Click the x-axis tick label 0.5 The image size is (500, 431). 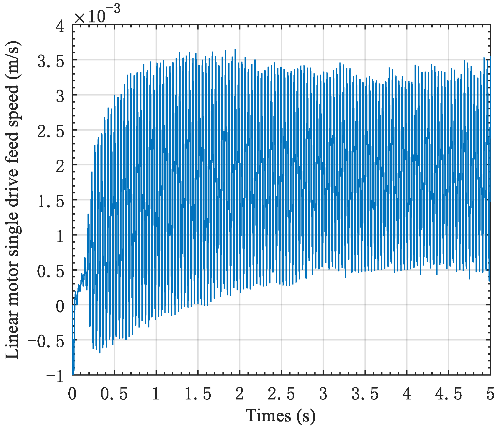click(x=114, y=394)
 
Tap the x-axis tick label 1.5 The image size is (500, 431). click(x=198, y=394)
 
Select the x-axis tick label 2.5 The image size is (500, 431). click(x=281, y=394)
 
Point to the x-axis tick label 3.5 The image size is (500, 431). click(x=365, y=394)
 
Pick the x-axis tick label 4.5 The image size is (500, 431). click(x=449, y=394)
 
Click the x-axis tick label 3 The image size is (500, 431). click(x=323, y=394)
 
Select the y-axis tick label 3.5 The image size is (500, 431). click(x=51, y=62)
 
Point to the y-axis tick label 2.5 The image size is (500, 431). click(x=51, y=132)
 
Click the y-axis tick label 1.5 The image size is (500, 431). click(x=51, y=202)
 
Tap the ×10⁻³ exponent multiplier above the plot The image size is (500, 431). click(x=97, y=15)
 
